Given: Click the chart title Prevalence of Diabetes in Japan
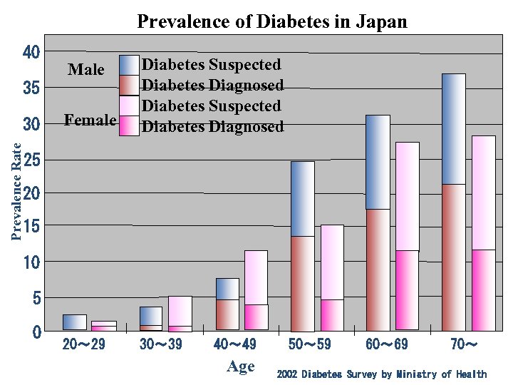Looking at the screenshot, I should tap(271, 21).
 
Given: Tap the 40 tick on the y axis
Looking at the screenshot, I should tap(31, 52).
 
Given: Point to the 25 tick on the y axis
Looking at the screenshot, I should tap(31, 160).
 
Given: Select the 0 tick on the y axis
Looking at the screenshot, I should tap(36, 332).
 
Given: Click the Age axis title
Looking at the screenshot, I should tap(240, 366).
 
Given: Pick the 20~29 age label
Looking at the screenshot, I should tap(84, 345).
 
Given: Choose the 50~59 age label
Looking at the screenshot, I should tap(309, 345).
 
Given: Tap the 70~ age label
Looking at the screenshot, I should tap(464, 345).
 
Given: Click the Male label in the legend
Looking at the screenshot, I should tap(86, 70).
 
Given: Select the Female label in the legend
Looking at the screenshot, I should tap(90, 120).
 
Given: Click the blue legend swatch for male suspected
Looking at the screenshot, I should tap(129, 65).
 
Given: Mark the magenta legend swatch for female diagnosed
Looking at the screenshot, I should tap(129, 125).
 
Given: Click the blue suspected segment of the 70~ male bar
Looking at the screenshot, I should tap(454, 128).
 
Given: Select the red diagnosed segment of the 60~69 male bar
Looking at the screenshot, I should tap(378, 269).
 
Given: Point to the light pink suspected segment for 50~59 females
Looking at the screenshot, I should tap(332, 262).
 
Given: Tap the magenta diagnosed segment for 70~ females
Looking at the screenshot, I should tap(483, 289).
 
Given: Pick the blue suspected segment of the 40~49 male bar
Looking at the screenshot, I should tap(227, 289).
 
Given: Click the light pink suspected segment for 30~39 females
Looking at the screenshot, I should tap(180, 310).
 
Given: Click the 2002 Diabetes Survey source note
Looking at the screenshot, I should tap(381, 374).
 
